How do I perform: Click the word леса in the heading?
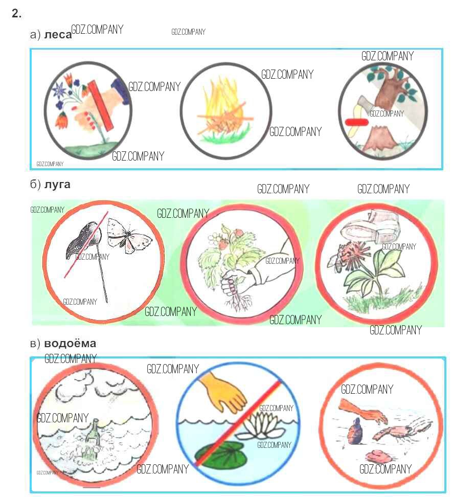58,35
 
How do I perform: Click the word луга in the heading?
57,185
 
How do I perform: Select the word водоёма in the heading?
70,343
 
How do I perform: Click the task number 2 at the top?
16,14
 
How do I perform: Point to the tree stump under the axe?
379,138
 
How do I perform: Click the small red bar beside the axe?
356,122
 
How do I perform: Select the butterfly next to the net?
128,236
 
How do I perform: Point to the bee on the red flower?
338,259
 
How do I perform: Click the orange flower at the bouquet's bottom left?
62,120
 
